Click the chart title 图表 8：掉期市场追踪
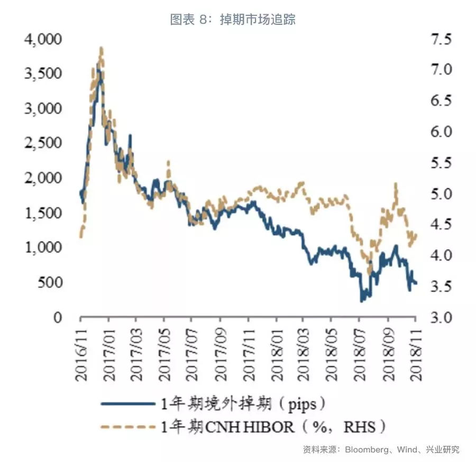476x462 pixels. pyautogui.click(x=233, y=20)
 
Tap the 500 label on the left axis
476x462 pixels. pyautogui.click(x=52, y=282)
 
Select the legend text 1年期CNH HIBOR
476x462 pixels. pyautogui.click(x=227, y=426)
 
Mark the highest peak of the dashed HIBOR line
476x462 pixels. pyautogui.click(x=101, y=48)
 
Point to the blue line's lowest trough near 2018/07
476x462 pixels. pyautogui.click(x=362, y=300)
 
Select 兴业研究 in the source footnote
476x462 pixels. pyautogui.click(x=444, y=450)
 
